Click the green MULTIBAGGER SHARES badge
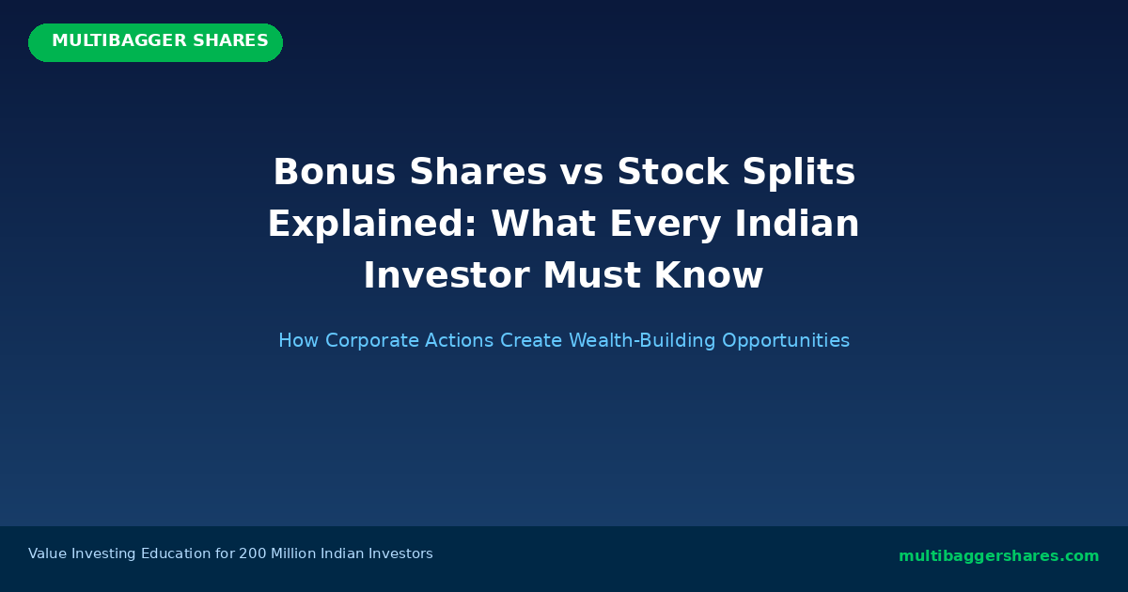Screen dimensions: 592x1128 (155, 42)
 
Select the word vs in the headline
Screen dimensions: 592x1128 (582, 173)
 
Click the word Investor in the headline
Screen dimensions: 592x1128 (446, 276)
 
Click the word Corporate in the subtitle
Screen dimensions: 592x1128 (368, 341)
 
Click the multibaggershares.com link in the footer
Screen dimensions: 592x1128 (998, 556)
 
